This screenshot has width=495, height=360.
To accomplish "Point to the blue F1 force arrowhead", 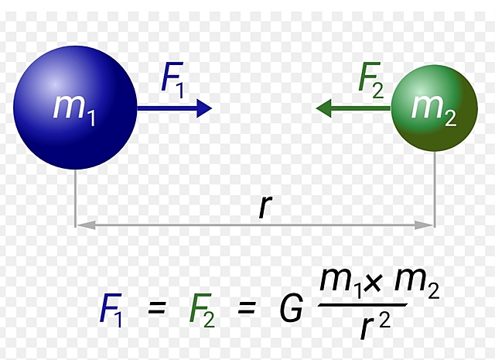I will pyautogui.click(x=205, y=109).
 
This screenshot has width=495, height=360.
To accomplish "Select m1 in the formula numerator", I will pyautogui.click(x=340, y=288).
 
